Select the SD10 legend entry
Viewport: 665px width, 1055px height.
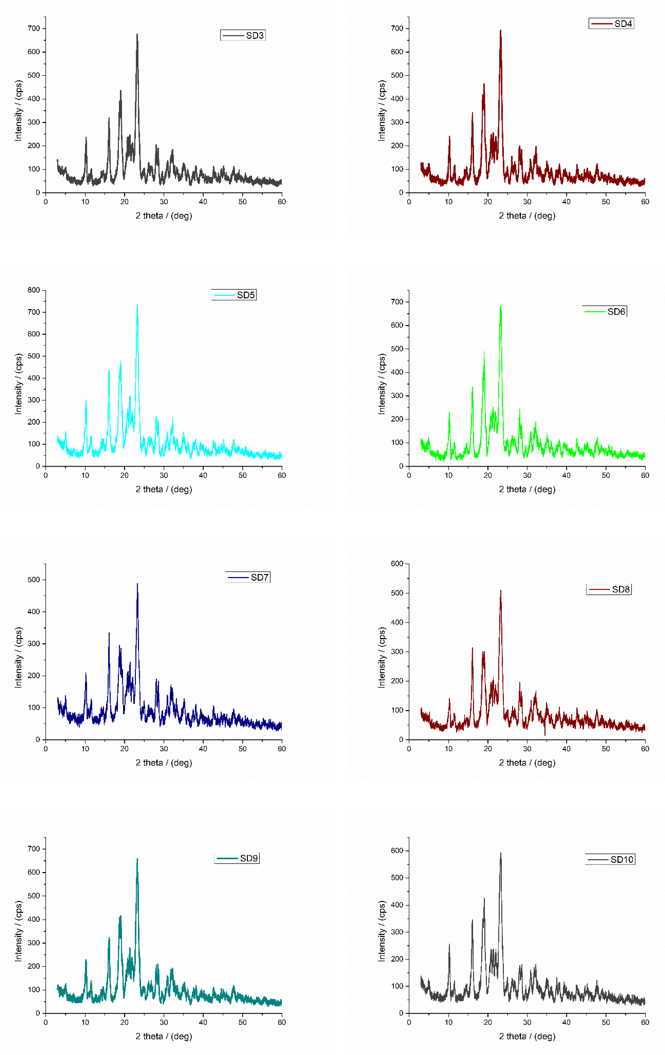(x=622, y=860)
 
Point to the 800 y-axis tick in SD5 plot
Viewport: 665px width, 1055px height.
(x=34, y=290)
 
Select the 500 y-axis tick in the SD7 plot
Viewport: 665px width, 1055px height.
(x=34, y=580)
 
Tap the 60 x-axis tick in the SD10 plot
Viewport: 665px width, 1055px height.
(x=645, y=1022)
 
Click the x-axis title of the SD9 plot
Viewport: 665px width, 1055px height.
(x=163, y=1036)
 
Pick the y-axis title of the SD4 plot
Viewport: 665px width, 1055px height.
(x=382, y=110)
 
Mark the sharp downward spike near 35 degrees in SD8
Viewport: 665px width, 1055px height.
(x=545, y=735)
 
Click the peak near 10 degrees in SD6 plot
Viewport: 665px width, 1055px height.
(x=449, y=412)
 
